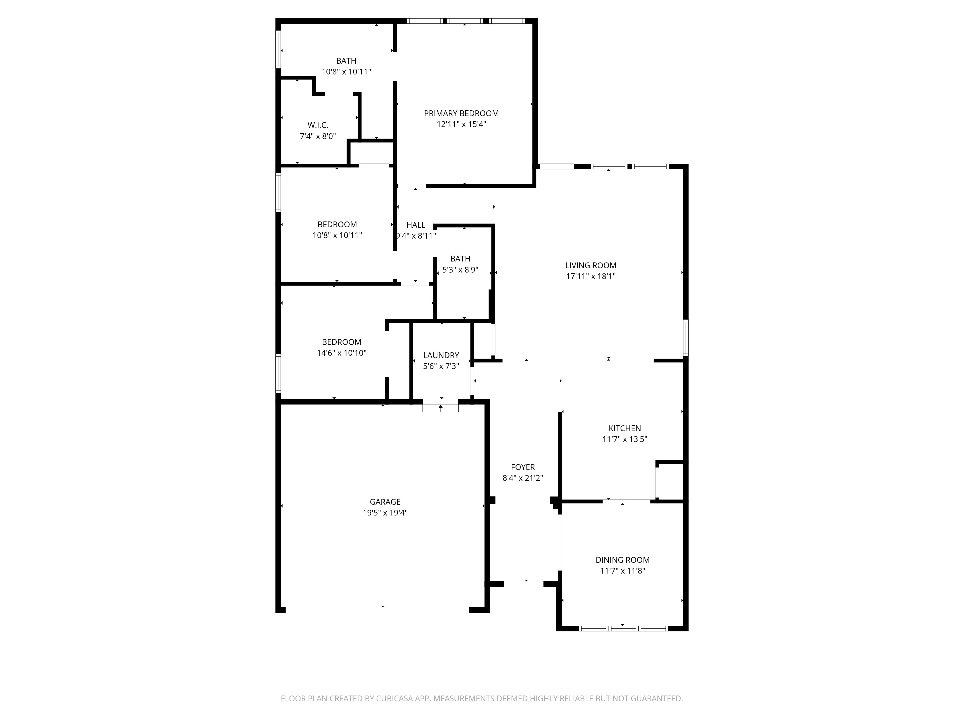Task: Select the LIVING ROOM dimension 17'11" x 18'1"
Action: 590,276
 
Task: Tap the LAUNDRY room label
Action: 441,355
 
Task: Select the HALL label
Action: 416,225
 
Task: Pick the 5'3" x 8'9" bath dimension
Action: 460,270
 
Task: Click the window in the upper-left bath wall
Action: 278,49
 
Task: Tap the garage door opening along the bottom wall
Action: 377,610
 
